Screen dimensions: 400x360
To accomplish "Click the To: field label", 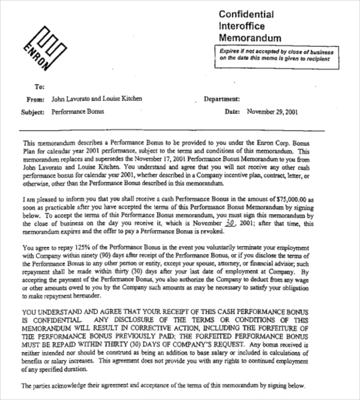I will point(40,87).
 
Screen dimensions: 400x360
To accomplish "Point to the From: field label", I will point(36,98).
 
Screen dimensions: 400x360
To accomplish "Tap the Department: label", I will point(221,98).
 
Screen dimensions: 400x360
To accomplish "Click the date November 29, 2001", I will point(272,113).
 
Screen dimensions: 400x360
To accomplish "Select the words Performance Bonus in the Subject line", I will point(78,113).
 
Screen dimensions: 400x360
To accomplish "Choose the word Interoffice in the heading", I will point(241,26).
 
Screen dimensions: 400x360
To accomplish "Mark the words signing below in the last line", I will point(288,385).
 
